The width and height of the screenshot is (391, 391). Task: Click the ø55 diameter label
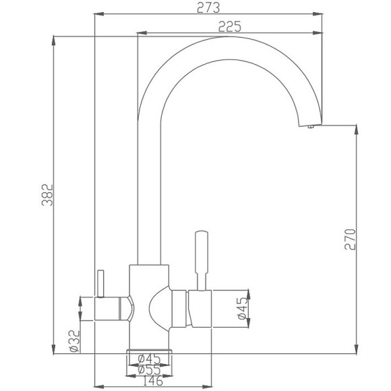click(148, 370)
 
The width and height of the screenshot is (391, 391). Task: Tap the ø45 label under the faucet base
click(148, 358)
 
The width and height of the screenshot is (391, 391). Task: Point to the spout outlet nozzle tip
click(310, 126)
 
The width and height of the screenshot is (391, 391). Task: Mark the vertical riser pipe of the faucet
click(149, 202)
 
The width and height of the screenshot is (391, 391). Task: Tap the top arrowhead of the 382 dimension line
click(54, 39)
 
